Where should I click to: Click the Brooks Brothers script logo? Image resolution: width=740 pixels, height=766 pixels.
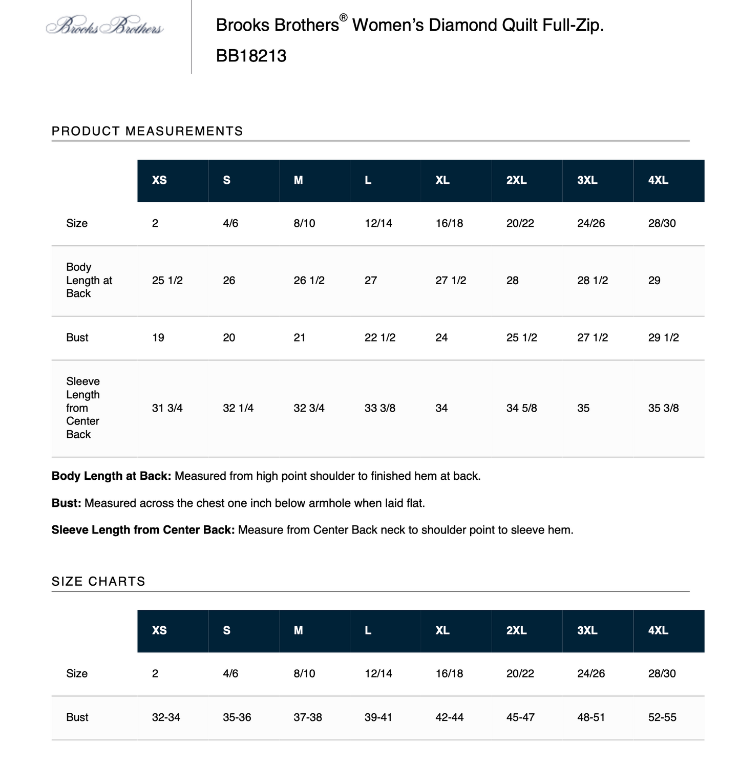pyautogui.click(x=104, y=26)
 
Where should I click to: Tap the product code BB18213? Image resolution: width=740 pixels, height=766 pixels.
pyautogui.click(x=251, y=56)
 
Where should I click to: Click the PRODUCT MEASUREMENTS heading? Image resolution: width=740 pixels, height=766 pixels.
pyautogui.click(x=147, y=131)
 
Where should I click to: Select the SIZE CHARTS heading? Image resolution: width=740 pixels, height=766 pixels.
pyautogui.click(x=98, y=581)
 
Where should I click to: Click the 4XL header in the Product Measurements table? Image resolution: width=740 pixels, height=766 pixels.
pyautogui.click(x=658, y=180)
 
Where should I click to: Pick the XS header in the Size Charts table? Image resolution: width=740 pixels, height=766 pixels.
pyautogui.click(x=159, y=630)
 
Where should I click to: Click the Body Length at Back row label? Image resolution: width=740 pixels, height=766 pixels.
pyautogui.click(x=89, y=280)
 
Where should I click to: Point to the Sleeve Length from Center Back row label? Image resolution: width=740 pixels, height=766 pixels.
pyautogui.click(x=83, y=408)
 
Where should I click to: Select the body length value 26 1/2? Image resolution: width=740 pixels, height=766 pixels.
pyautogui.click(x=309, y=281)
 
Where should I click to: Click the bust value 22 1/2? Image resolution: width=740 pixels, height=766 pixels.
pyautogui.click(x=379, y=337)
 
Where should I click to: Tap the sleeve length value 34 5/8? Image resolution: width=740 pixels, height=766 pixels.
pyautogui.click(x=521, y=408)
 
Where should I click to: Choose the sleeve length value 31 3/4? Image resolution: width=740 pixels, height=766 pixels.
pyautogui.click(x=167, y=408)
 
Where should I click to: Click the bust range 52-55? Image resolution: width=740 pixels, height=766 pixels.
pyautogui.click(x=662, y=717)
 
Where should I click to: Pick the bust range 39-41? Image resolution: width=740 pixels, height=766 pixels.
pyautogui.click(x=378, y=717)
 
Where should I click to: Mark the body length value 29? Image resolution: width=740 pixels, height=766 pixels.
pyautogui.click(x=654, y=281)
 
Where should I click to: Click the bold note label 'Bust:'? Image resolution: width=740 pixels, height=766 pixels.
pyautogui.click(x=67, y=503)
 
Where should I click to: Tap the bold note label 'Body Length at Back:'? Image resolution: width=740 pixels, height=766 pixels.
pyautogui.click(x=111, y=476)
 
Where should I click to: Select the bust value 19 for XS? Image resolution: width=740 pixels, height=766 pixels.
pyautogui.click(x=158, y=337)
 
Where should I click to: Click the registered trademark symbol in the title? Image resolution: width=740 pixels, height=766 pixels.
pyautogui.click(x=343, y=18)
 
